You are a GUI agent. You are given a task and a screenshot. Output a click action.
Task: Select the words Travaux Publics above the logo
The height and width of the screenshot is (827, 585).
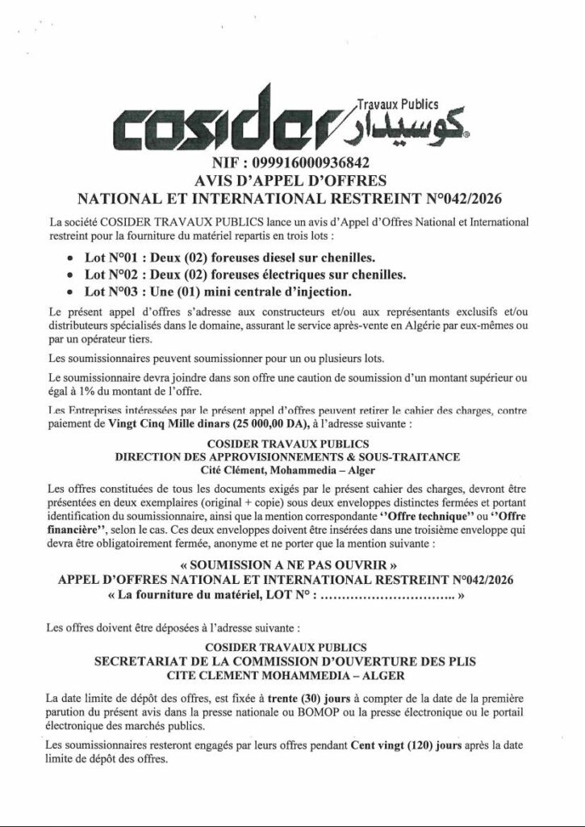click(x=396, y=103)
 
